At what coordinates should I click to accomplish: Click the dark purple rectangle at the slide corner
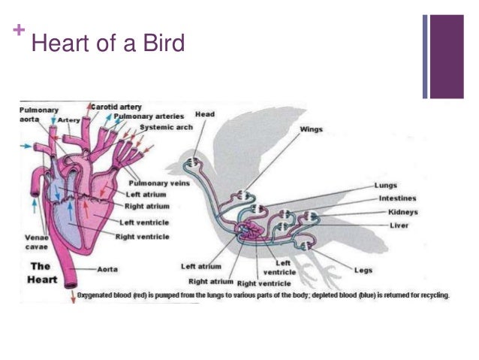pyautogui.click(x=447, y=56)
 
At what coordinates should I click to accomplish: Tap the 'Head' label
pyautogui.click(x=204, y=114)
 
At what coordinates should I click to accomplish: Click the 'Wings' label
pyautogui.click(x=311, y=129)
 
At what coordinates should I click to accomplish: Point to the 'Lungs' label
pyautogui.click(x=386, y=185)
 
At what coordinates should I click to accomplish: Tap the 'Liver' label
pyautogui.click(x=399, y=225)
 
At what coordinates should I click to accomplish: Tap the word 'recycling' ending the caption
pyautogui.click(x=432, y=295)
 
